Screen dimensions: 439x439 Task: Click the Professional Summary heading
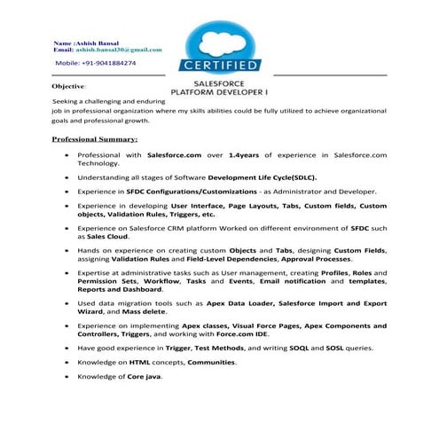pos(95,140)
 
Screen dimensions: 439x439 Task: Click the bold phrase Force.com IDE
pos(249,334)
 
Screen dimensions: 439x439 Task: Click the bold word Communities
pos(210,363)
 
